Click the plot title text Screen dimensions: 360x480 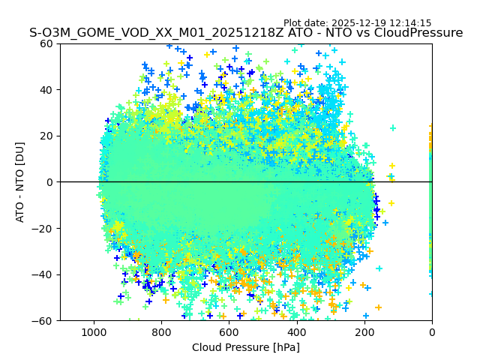246,33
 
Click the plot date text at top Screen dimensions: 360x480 357,23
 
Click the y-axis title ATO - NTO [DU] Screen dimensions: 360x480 20,182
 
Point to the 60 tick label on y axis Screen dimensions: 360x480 46,43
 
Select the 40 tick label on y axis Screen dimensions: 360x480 46,90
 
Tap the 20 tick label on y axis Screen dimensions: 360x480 46,136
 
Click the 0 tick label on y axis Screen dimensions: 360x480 49,182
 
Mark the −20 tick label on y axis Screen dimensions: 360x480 43,229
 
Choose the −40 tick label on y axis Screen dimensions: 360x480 43,274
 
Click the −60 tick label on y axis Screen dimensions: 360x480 43,321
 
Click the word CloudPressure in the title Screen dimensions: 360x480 419,33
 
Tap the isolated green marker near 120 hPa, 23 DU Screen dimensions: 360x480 392,128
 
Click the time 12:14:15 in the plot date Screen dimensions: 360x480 410,23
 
